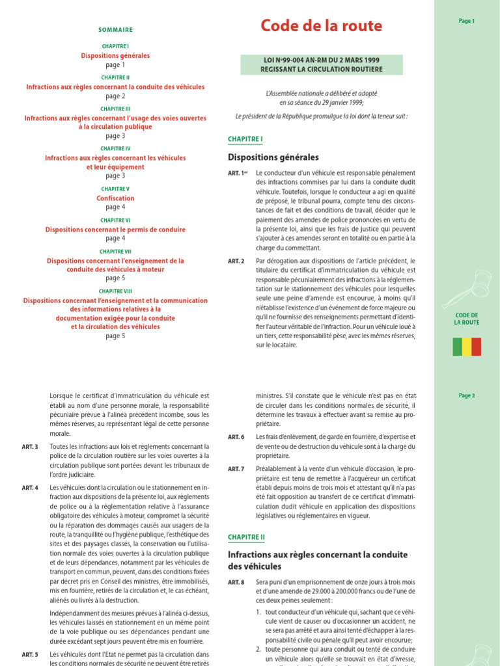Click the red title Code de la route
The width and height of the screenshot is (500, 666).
pos(321,26)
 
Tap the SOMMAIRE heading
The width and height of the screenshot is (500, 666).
pos(115,30)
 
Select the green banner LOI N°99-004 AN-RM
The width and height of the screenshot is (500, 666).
pos(322,64)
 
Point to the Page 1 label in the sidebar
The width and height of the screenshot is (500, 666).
pos(467,21)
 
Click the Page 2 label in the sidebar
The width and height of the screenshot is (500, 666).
pos(467,395)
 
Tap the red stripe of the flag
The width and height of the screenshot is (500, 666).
pos(477,347)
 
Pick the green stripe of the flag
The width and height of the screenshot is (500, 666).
pos(457,347)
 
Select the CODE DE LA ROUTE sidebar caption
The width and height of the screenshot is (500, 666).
pos(467,319)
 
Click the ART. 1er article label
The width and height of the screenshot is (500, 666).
pos(237,173)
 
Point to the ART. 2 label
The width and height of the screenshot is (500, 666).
pos(236,261)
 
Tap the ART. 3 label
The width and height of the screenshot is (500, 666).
pos(30,447)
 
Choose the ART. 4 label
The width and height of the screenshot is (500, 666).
pos(30,487)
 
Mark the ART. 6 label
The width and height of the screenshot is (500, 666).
pos(236,437)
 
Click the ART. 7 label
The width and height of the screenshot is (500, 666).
pos(236,468)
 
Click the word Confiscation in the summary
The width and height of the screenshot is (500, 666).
pos(115,198)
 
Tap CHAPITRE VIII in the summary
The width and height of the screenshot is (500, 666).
pos(115,291)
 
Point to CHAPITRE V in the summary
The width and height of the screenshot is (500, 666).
pos(115,189)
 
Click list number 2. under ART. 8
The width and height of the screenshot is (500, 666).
pos(258,649)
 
